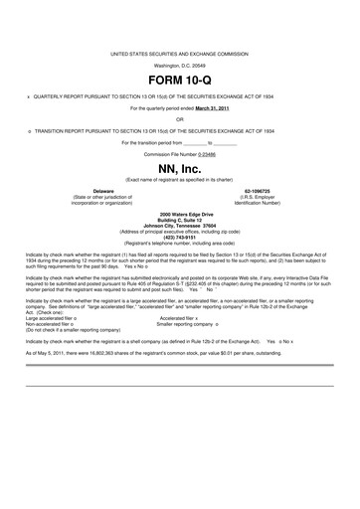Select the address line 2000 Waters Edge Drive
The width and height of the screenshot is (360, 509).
coord(180,214)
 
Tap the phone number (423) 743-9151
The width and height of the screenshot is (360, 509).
coord(180,236)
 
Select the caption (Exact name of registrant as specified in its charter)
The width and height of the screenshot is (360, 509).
coord(180,179)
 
